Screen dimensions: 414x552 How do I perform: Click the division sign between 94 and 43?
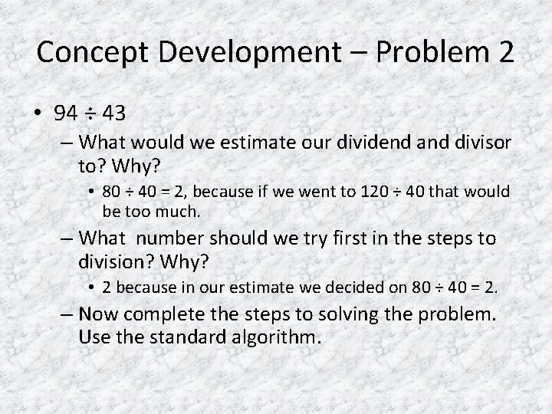(90, 114)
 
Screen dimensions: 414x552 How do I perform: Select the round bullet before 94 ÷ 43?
(38, 114)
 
